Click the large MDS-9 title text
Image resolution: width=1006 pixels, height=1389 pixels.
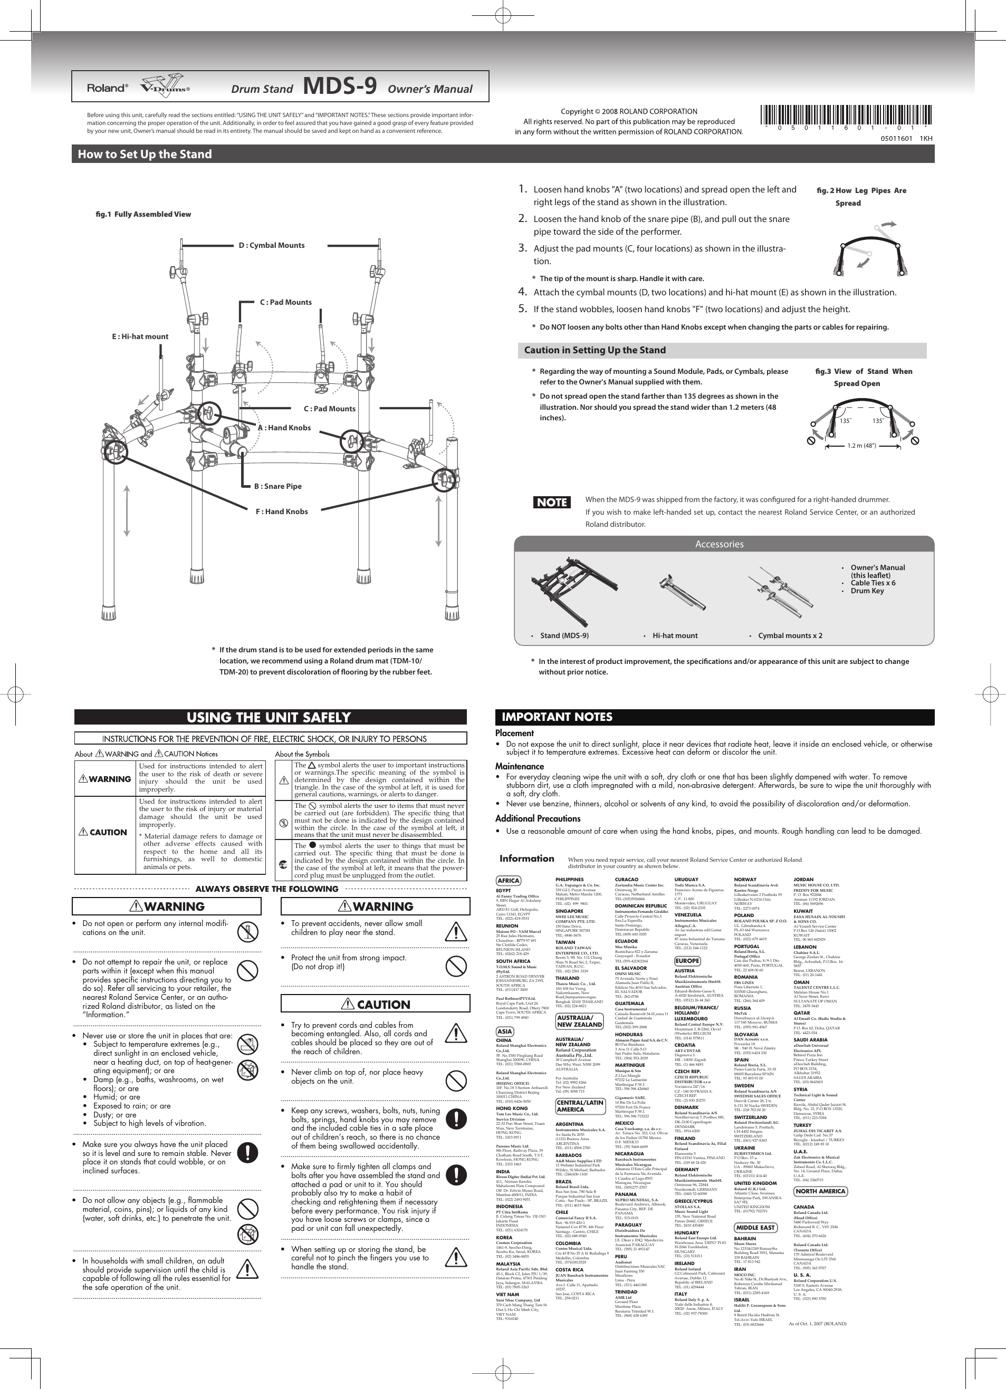pos(339,86)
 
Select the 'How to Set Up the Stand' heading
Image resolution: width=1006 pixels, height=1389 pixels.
pos(145,155)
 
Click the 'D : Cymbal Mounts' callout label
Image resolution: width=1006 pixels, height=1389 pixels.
pos(271,246)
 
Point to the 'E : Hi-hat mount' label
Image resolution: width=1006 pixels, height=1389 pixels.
pos(140,336)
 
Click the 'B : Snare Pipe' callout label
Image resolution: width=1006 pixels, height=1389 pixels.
pos(277,486)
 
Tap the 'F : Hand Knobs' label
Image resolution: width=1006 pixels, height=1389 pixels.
pos(281,512)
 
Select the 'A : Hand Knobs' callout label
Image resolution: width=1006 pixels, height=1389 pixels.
pos(284,428)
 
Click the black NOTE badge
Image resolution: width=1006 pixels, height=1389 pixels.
pos(552,502)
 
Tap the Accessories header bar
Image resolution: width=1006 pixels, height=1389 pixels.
pos(718,544)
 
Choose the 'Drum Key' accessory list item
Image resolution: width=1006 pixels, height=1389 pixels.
pos(867,591)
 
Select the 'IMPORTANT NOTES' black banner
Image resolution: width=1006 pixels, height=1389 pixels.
pos(557,717)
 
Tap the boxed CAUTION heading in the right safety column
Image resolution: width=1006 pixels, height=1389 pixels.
pos(375,1005)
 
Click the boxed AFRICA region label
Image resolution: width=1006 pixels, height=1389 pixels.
pos(508,881)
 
